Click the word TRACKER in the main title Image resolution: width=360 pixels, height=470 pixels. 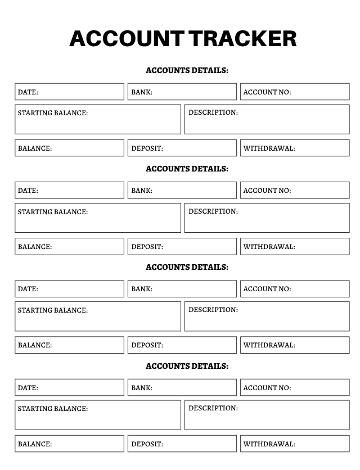[243, 38]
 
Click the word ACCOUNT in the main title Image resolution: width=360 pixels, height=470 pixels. [126, 38]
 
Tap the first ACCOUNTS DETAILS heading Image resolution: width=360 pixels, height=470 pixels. [187, 70]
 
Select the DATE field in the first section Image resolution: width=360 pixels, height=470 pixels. [69, 92]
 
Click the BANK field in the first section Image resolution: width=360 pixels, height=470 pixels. [182, 92]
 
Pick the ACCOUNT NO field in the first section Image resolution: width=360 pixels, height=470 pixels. [295, 92]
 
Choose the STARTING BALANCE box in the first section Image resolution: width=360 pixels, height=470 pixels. [98, 119]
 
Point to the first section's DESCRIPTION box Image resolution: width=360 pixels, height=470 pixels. [267, 119]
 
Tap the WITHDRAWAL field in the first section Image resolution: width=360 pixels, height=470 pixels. [295, 148]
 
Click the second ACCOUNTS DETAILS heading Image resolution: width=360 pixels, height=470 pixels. [187, 169]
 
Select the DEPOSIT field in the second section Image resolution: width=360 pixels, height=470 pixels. [182, 246]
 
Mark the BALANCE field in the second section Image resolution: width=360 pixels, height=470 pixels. [69, 246]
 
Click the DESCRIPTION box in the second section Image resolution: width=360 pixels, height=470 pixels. [267, 218]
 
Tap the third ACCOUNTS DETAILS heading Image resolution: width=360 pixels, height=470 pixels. [187, 267]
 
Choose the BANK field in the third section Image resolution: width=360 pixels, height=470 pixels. [182, 289]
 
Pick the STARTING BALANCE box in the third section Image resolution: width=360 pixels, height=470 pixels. [98, 317]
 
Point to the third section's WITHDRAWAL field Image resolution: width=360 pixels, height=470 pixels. [295, 345]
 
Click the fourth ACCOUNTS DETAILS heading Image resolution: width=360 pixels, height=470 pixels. [187, 366]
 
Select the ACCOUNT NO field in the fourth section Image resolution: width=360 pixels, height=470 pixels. [295, 387]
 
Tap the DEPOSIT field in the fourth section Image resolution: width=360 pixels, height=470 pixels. [182, 444]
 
